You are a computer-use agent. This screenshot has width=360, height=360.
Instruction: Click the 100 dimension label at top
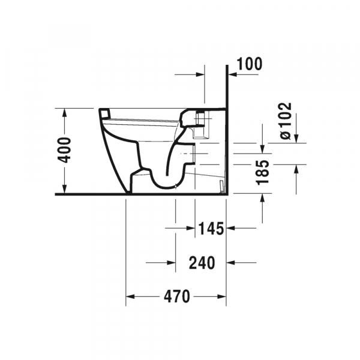250,64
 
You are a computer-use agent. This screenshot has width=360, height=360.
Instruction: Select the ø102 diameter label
286,121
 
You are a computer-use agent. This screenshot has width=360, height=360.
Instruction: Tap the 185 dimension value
263,173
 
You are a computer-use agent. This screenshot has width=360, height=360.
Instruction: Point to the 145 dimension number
211,229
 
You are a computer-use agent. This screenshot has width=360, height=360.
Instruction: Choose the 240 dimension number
202,263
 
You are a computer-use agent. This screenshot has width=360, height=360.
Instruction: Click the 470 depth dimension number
177,296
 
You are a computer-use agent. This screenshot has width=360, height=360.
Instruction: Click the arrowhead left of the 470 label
130,296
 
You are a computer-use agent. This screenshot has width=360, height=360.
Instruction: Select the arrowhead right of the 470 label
222,296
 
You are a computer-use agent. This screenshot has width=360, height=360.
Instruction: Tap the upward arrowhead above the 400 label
65,112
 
